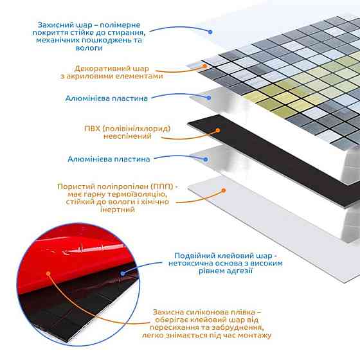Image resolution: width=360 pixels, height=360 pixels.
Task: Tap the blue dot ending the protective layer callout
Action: pyautogui.click(x=210, y=32)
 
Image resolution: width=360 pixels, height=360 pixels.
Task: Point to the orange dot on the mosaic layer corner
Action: pyautogui.click(x=204, y=66)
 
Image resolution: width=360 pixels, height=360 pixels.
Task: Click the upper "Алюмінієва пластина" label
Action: pyautogui.click(x=106, y=98)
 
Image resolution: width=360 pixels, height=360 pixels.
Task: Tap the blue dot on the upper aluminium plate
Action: pyautogui.click(x=208, y=98)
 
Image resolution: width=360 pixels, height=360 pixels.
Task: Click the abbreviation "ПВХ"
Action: pyautogui.click(x=93, y=129)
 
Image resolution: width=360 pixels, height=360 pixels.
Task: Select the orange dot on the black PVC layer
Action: pyautogui.click(x=218, y=130)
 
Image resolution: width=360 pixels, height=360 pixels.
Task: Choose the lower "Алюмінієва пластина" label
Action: pyautogui.click(x=109, y=159)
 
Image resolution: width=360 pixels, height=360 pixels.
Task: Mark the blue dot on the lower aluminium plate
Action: pyautogui.click(x=206, y=159)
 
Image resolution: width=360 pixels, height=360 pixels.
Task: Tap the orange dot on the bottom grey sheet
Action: pyautogui.click(x=224, y=190)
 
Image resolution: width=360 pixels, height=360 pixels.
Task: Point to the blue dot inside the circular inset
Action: pyautogui.click(x=123, y=273)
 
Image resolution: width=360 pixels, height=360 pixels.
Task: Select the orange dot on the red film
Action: pyautogui.click(x=48, y=273)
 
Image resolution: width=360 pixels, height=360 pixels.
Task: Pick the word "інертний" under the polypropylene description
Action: pyautogui.click(x=117, y=210)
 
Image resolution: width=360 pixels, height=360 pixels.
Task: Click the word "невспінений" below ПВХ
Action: pyautogui.click(x=127, y=136)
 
